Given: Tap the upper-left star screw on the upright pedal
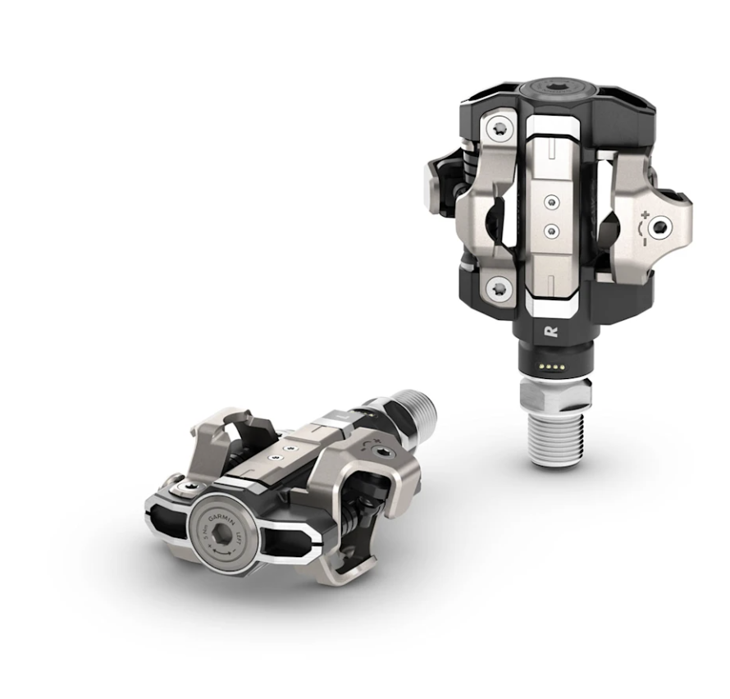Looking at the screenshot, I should tap(500, 128).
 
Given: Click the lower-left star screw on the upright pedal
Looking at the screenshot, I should tap(499, 287).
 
